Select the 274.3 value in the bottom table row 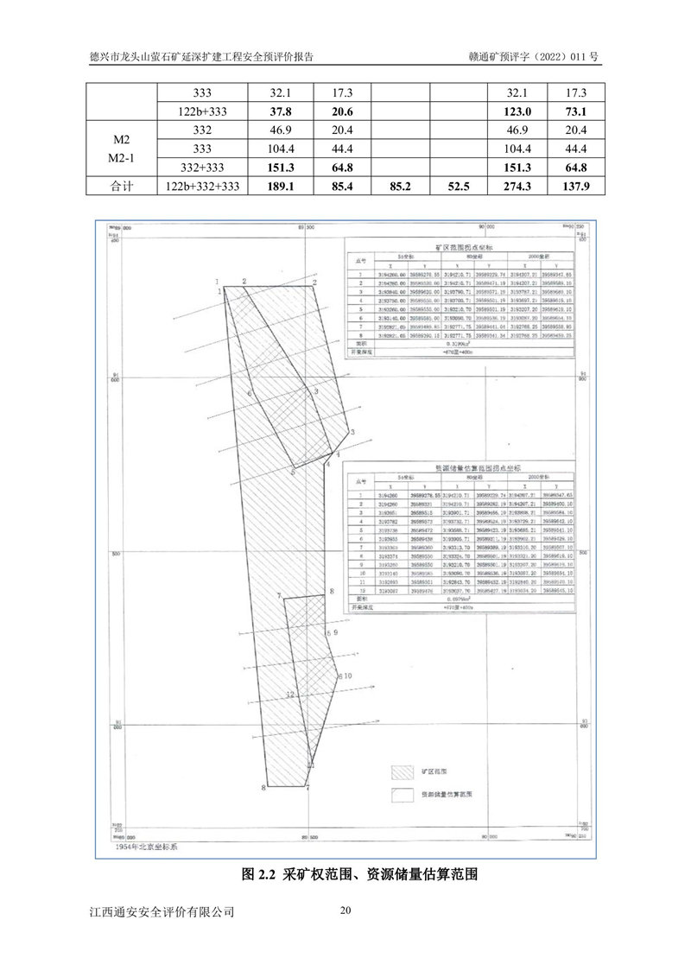[518, 187]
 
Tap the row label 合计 [122, 187]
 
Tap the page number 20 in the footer [345, 910]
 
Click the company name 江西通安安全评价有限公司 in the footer [162, 912]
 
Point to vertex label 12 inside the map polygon [290, 695]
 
